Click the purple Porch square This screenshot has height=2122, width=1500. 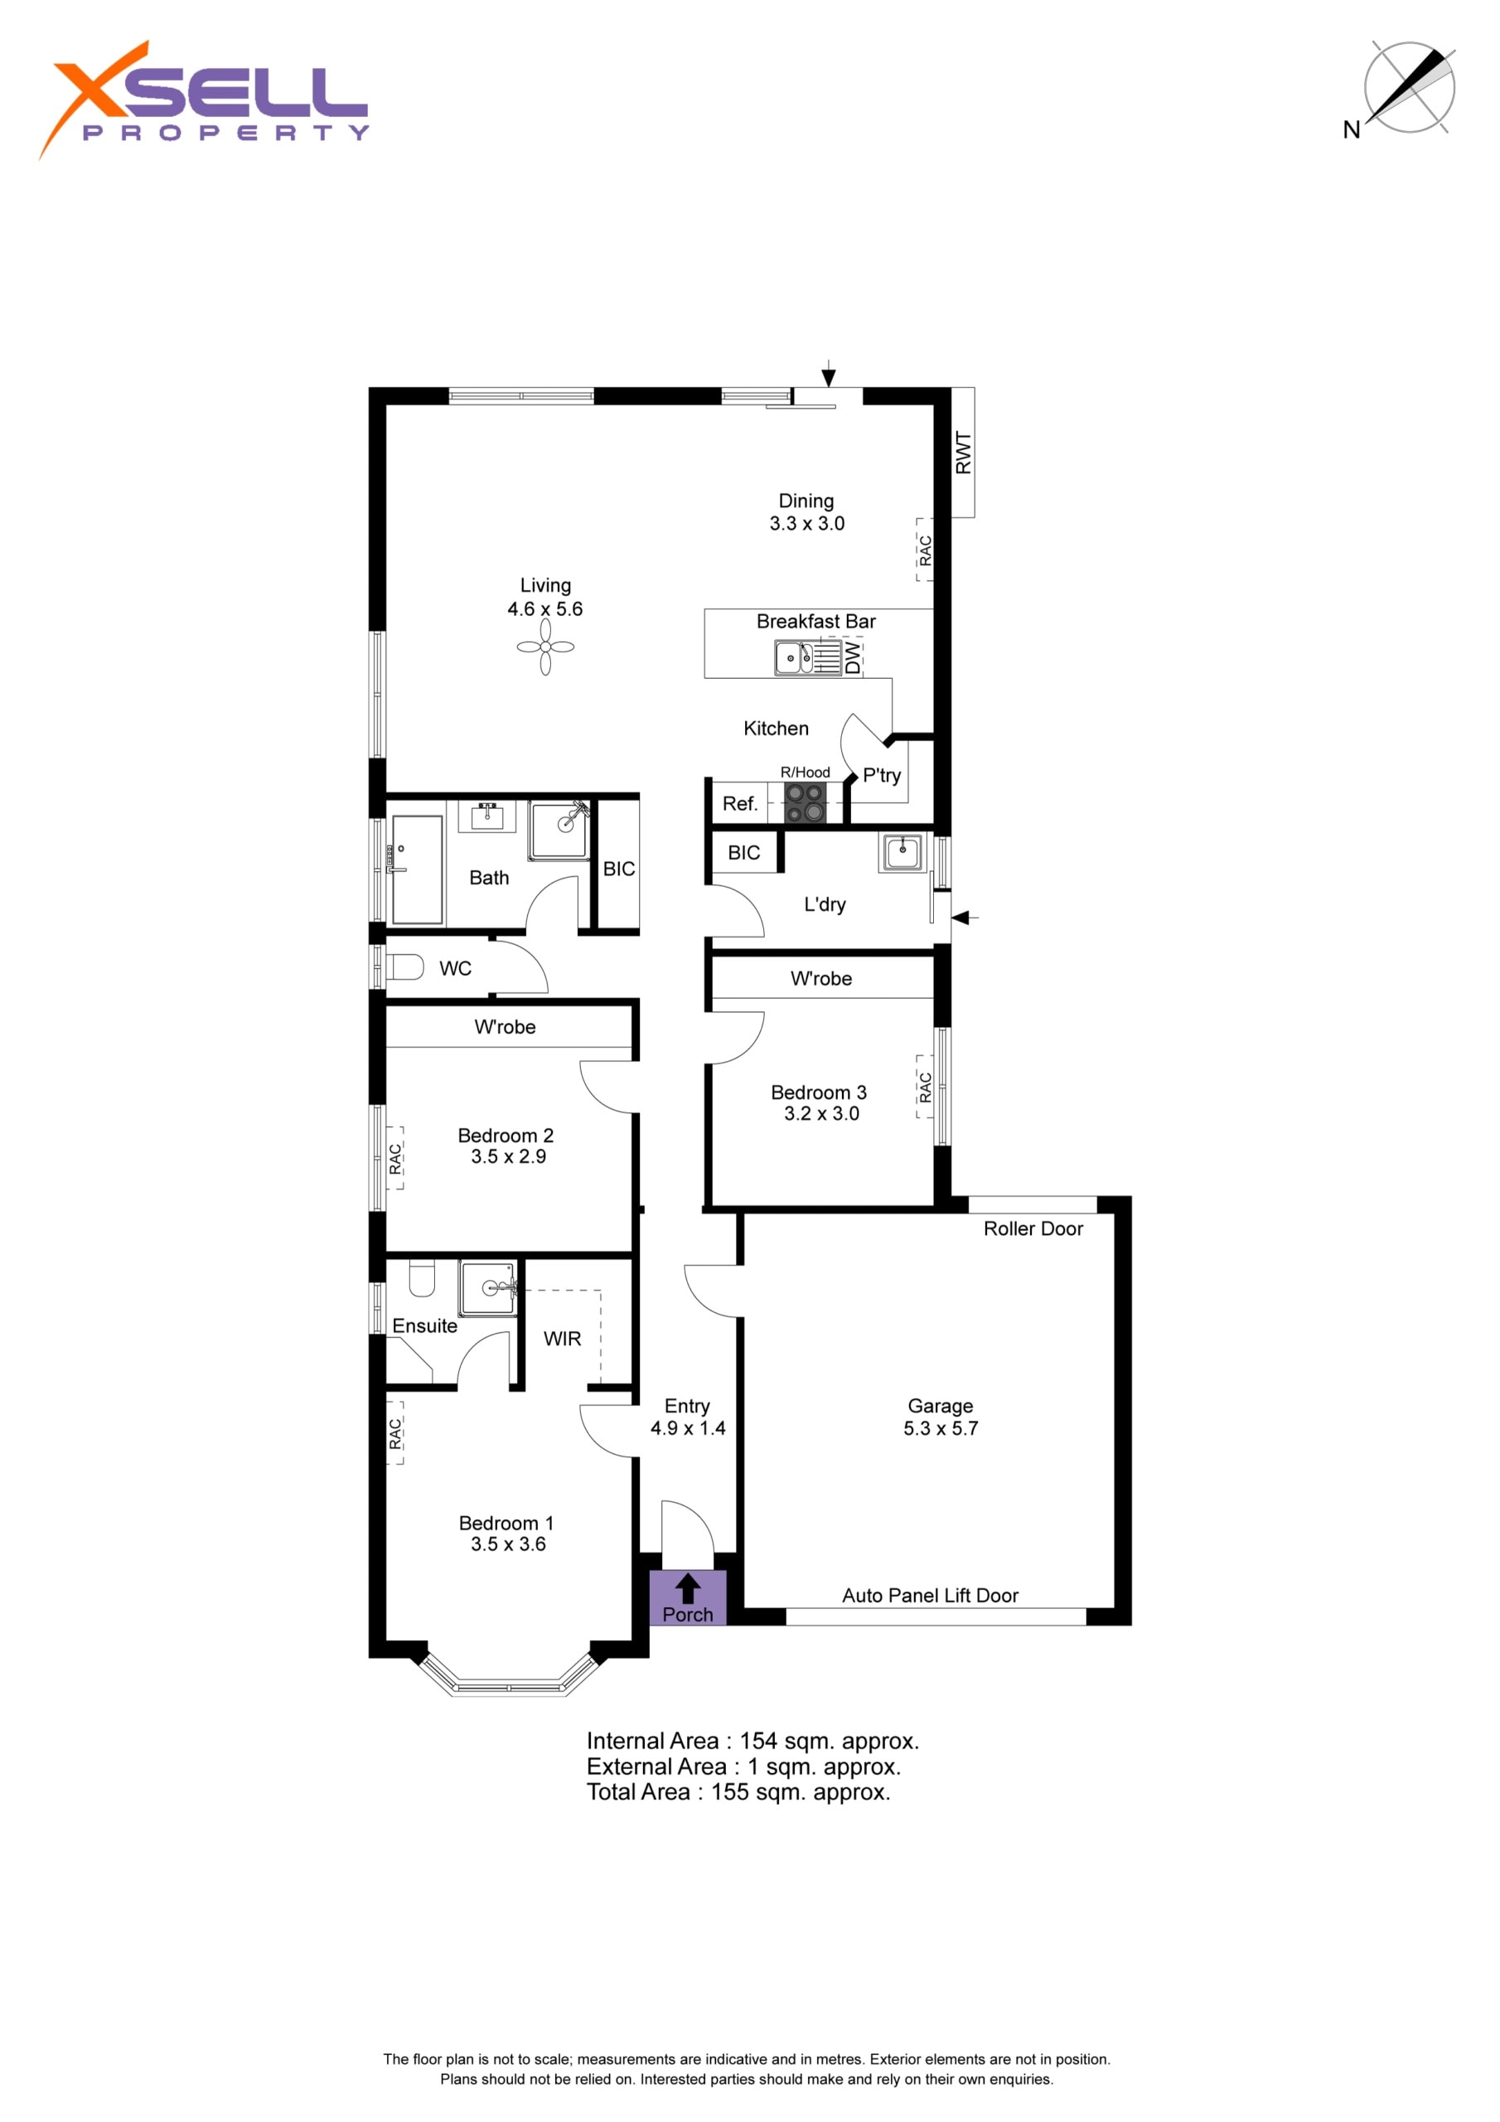pyautogui.click(x=688, y=1598)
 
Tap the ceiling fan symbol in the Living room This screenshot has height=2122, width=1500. pyautogui.click(x=545, y=647)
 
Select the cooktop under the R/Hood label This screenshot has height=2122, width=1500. pyautogui.click(x=805, y=802)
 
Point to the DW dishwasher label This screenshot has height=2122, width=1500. pyautogui.click(x=852, y=657)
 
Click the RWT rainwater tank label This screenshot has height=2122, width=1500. pyautogui.click(x=963, y=453)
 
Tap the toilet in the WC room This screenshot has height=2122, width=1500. pyautogui.click(x=404, y=967)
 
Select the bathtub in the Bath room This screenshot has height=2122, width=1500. pyautogui.click(x=417, y=870)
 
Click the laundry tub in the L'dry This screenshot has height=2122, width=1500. pyautogui.click(x=902, y=851)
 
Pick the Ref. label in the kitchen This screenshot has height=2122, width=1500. pyautogui.click(x=740, y=804)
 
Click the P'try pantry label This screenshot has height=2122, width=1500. pyautogui.click(x=882, y=775)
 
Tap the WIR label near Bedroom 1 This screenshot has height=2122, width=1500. pyautogui.click(x=562, y=1338)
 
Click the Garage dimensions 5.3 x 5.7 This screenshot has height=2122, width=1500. pyautogui.click(x=941, y=1428)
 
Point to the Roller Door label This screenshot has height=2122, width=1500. pyautogui.click(x=1033, y=1228)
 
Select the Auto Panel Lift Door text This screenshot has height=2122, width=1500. pyautogui.click(x=930, y=1595)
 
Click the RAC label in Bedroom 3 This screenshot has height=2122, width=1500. pyautogui.click(x=925, y=1087)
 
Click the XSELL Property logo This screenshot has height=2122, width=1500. pyautogui.click(x=203, y=99)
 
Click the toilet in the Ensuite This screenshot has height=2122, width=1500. pyautogui.click(x=422, y=1278)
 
